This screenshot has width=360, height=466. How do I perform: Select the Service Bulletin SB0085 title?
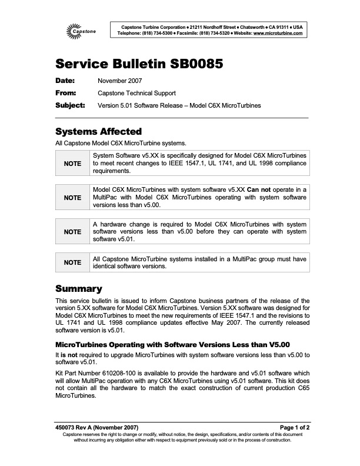pyautogui.click(x=139, y=64)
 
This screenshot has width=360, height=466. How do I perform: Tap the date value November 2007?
pyautogui.click(x=119, y=81)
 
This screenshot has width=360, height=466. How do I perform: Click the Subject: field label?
pyautogui.click(x=70, y=105)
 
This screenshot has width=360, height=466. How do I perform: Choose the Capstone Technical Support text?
pyautogui.click(x=136, y=93)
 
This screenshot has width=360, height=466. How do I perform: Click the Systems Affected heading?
pyautogui.click(x=98, y=131)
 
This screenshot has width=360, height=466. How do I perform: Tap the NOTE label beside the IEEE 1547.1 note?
pyautogui.click(x=73, y=164)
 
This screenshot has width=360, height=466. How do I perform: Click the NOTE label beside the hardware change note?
pyautogui.click(x=73, y=232)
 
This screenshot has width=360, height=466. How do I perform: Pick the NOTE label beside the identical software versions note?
pyautogui.click(x=73, y=262)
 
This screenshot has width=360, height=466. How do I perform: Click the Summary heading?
pyautogui.click(x=79, y=289)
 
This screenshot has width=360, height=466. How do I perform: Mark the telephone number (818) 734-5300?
pyautogui.click(x=156, y=34)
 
